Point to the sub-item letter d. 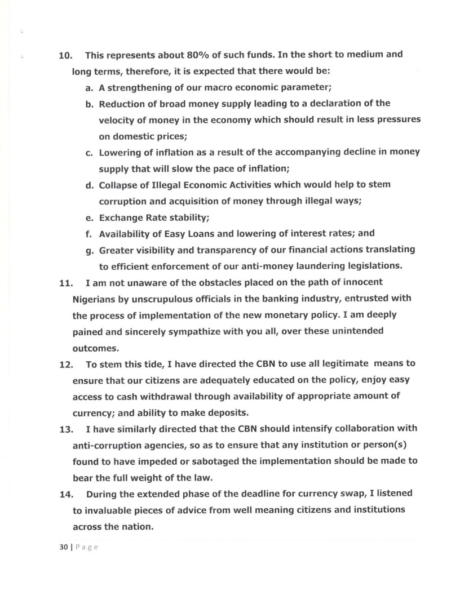89,185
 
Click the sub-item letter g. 89,250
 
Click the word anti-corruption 107,445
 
